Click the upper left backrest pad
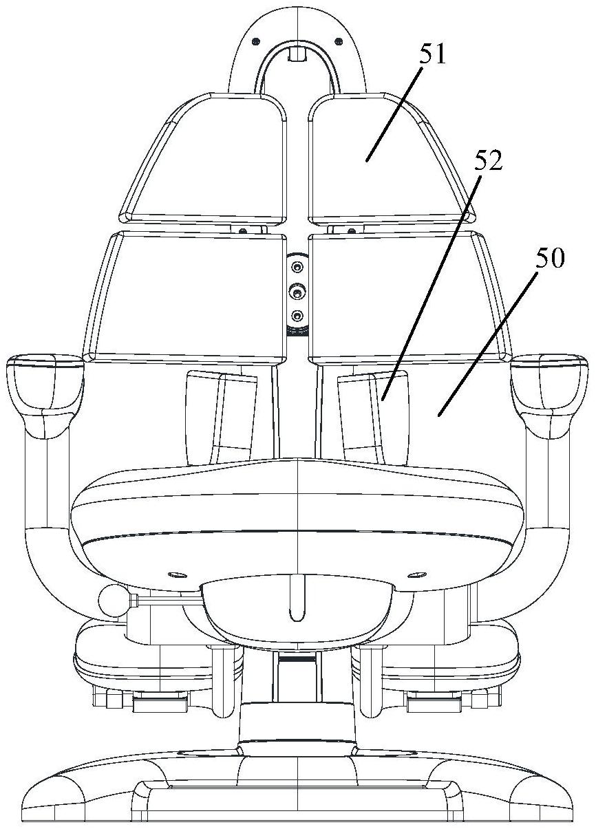[203, 159]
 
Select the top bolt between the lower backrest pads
[297, 266]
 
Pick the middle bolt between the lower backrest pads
[297, 293]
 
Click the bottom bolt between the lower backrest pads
[297, 316]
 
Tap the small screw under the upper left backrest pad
[243, 230]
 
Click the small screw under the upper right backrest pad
[351, 230]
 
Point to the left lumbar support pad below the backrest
[221, 417]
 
